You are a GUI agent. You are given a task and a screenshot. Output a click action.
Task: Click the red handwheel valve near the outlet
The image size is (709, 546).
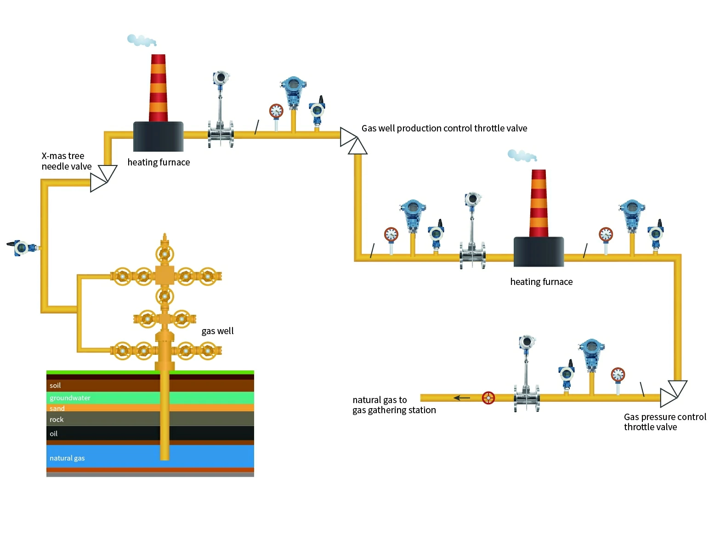click(488, 398)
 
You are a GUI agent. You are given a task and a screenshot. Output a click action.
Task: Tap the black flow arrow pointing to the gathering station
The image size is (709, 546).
click(461, 398)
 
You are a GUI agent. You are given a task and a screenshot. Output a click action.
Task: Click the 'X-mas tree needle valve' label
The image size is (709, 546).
click(66, 161)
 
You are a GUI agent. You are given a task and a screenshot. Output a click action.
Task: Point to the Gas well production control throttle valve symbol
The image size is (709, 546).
click(353, 141)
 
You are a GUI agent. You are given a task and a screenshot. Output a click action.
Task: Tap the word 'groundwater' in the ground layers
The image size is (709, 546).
click(70, 398)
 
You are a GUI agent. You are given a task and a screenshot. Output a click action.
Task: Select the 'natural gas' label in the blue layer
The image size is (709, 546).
click(67, 458)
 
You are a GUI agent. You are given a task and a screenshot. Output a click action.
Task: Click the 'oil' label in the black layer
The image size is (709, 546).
click(54, 434)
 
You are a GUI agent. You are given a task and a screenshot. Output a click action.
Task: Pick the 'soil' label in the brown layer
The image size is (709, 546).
click(55, 386)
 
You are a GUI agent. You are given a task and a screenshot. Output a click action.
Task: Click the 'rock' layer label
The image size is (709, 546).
click(57, 420)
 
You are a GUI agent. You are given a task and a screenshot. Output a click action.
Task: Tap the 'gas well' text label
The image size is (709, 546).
click(217, 331)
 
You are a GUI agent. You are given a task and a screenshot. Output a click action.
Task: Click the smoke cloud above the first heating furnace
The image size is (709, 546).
click(141, 40)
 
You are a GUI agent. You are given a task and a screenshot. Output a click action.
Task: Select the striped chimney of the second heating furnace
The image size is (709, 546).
click(539, 203)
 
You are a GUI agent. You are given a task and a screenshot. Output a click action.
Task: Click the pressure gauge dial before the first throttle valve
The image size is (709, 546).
click(276, 111)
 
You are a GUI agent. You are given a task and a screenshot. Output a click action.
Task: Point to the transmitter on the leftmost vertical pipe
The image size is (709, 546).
click(21, 248)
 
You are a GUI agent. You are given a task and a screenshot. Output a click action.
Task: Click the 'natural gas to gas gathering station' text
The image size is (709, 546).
click(394, 405)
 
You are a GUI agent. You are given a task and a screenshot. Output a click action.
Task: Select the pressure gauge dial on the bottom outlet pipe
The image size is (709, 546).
click(618, 375)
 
